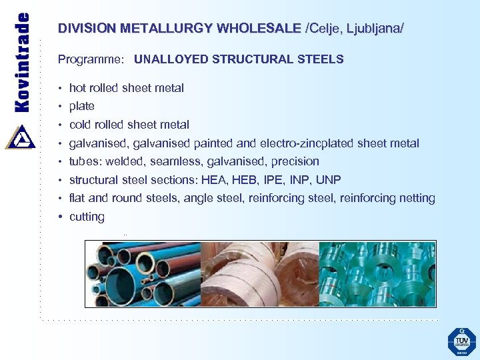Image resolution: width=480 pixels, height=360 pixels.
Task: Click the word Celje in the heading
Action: [324, 29]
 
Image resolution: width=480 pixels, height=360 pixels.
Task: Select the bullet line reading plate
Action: [81, 106]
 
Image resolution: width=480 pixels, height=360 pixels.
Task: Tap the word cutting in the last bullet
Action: [87, 217]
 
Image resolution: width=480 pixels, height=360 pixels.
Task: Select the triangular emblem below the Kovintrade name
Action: [21, 136]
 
